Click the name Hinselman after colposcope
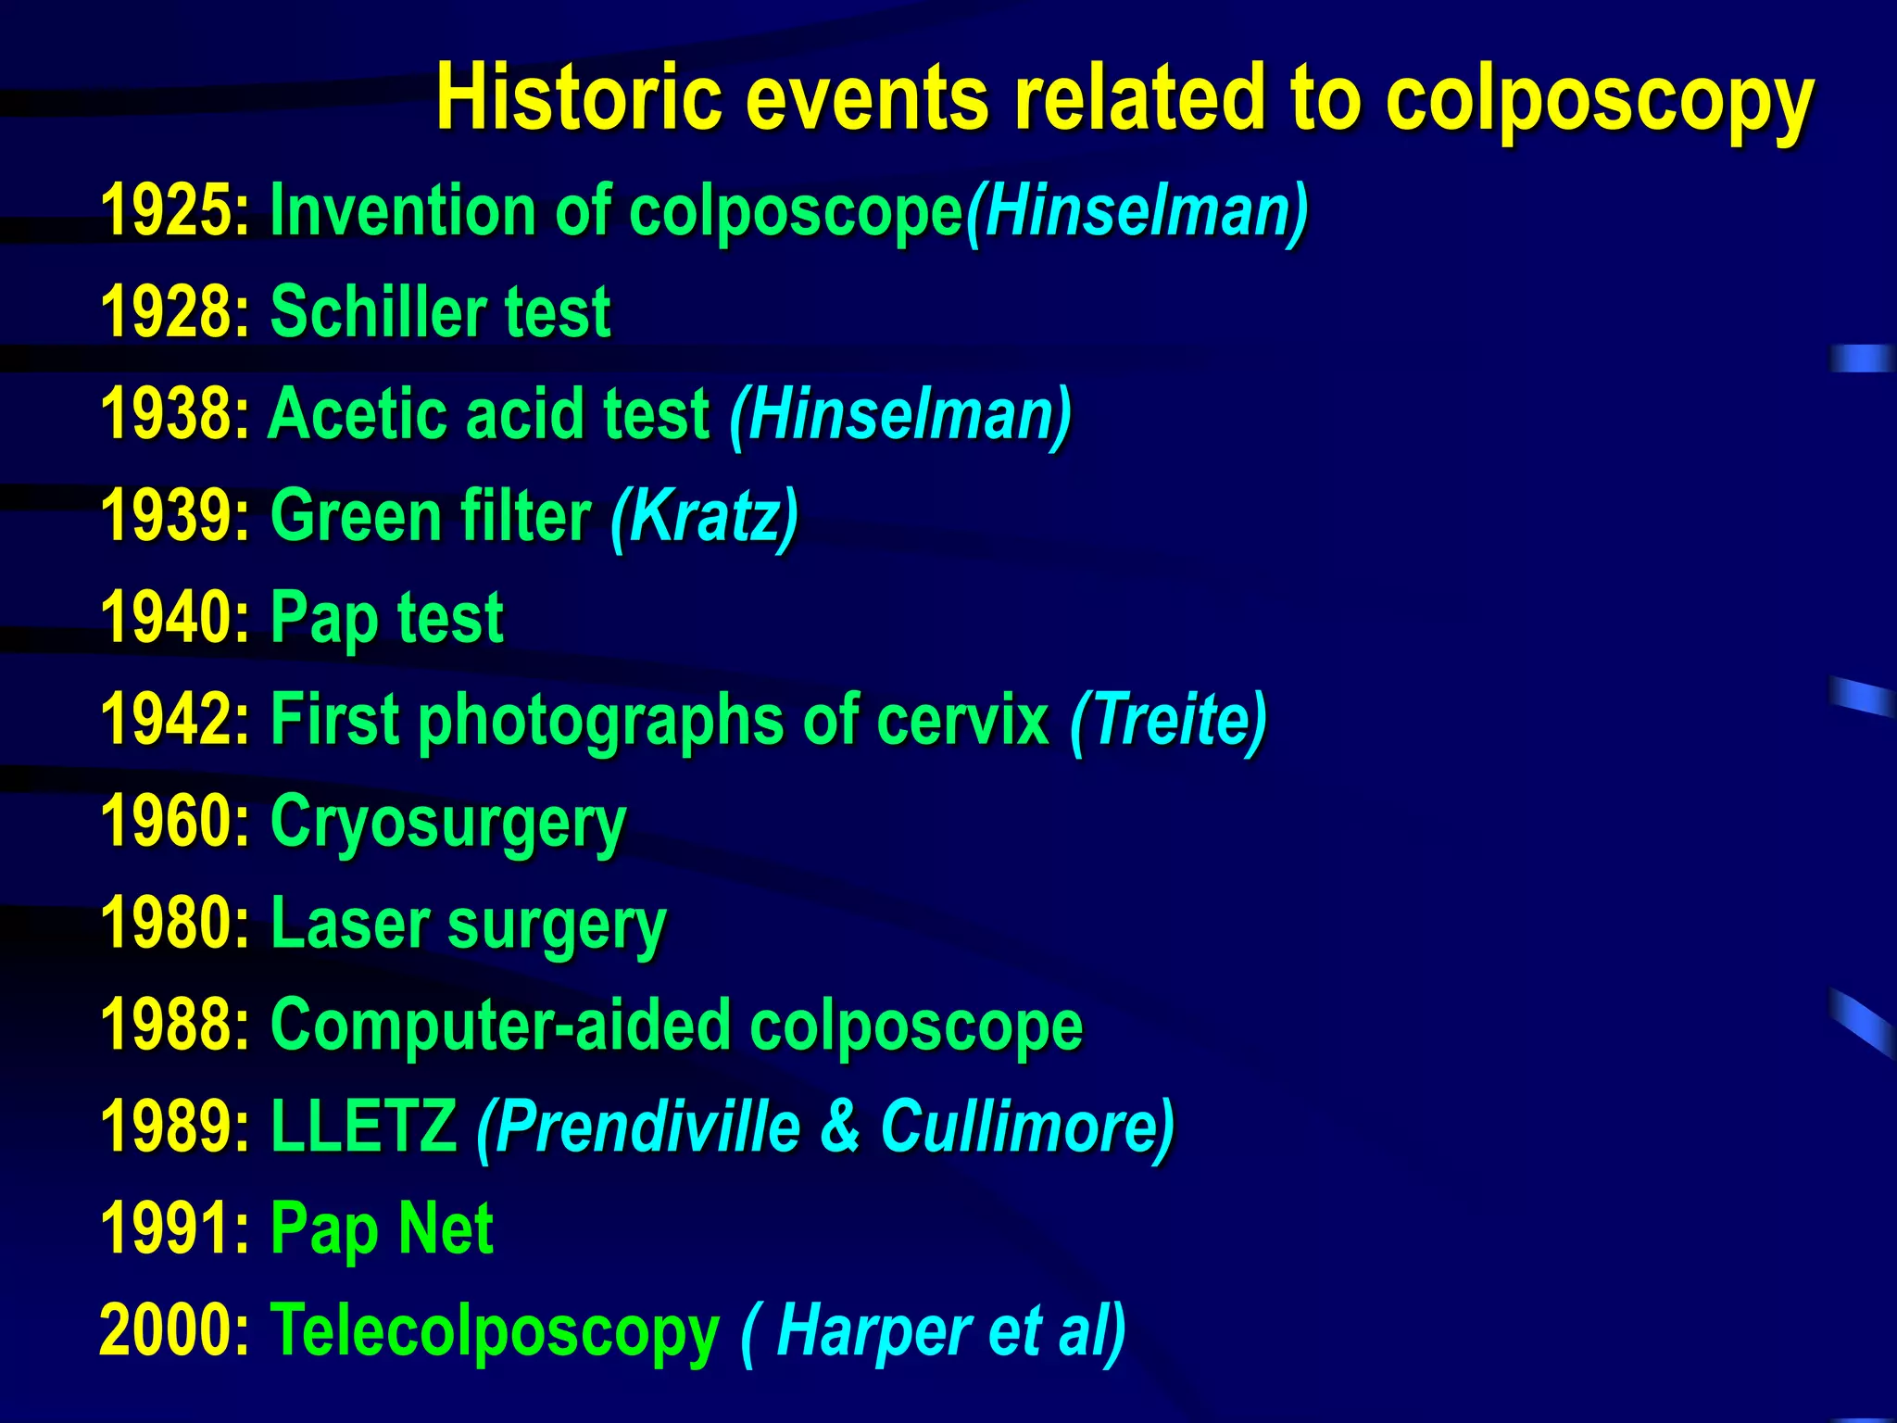point(1137,211)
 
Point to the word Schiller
point(375,312)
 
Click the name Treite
point(1169,720)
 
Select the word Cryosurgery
point(448,822)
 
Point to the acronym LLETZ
point(363,1127)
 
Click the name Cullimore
point(1019,1127)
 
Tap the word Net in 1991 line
point(446,1229)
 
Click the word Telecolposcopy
point(494,1331)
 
